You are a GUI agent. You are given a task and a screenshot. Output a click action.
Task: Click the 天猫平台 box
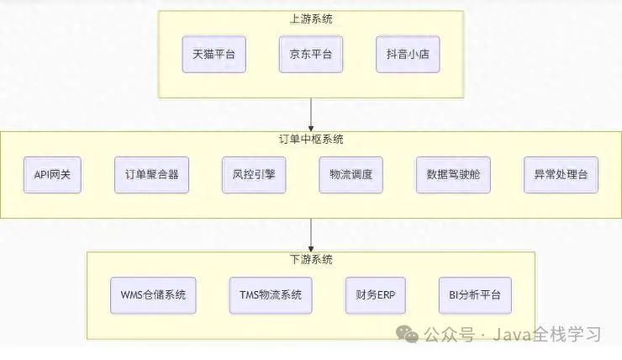213,55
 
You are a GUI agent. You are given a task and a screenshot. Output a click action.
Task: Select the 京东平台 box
310,55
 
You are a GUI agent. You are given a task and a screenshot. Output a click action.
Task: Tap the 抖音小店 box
408,55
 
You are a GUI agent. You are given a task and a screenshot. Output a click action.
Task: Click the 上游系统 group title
311,19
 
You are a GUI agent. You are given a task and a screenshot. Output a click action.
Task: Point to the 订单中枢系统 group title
311,139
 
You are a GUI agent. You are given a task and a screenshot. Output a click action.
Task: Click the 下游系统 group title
311,258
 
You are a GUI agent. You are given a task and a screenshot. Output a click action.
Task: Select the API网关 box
53,175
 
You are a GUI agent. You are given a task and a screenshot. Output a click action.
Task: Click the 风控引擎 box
250,175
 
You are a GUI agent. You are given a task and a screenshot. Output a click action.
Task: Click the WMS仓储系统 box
153,295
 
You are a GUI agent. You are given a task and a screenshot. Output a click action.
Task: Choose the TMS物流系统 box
265,295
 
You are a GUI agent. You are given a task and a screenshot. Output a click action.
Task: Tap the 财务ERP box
371,295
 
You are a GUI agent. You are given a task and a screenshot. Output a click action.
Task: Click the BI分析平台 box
475,295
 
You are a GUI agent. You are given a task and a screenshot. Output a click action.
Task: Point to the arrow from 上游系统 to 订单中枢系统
311,114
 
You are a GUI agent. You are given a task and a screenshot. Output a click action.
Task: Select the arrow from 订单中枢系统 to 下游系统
311,234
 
